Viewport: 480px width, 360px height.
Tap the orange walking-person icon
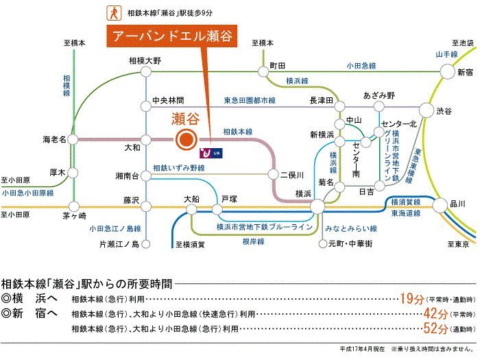pos(109,12)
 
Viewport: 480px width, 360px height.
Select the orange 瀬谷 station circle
pos(185,140)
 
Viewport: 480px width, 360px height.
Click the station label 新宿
pos(465,73)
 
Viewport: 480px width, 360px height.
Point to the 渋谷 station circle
pos(427,110)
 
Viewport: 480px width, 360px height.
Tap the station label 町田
pos(277,64)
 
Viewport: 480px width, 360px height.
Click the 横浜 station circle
pos(317,206)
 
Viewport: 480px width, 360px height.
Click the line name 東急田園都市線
pos(250,100)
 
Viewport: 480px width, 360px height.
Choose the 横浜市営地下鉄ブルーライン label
pos(264,226)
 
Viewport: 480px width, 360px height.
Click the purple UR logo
pos(205,152)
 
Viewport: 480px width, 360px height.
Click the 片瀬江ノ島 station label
pos(119,244)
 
